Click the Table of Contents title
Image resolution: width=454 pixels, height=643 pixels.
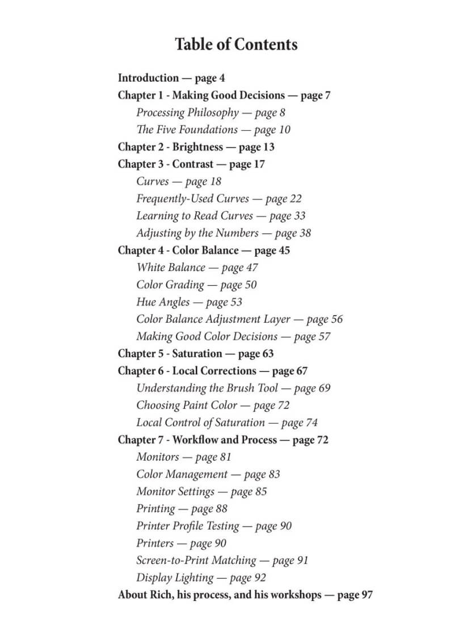click(236, 44)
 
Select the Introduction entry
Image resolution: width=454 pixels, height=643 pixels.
click(171, 78)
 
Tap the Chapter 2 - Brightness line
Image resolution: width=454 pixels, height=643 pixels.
click(196, 147)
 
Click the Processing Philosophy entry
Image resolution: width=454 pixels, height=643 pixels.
click(211, 112)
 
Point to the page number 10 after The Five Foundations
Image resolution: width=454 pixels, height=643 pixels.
click(284, 130)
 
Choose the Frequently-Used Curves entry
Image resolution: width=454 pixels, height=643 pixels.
click(218, 199)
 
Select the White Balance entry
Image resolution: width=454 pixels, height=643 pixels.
click(196, 268)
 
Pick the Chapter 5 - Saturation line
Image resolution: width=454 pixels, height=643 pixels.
click(195, 353)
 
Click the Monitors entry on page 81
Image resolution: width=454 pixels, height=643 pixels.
click(183, 457)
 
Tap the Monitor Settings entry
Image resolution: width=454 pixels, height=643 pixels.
click(201, 491)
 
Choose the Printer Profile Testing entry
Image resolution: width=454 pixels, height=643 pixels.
click(213, 526)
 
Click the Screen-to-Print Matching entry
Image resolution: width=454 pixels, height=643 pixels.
click(222, 560)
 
